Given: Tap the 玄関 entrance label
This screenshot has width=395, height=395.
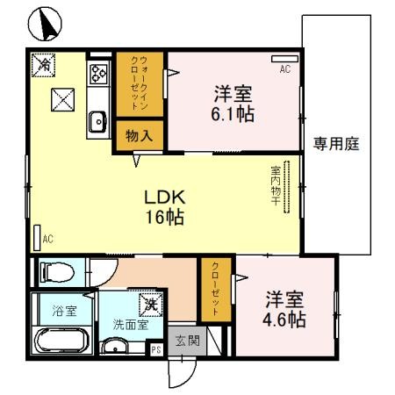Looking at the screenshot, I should point(185,340).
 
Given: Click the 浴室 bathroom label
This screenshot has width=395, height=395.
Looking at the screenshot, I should point(63,311).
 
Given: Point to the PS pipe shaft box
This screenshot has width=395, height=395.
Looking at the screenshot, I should point(155,349).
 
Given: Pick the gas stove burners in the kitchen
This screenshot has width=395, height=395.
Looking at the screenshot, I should point(97,74).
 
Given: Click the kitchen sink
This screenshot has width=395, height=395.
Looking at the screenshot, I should point(97,123).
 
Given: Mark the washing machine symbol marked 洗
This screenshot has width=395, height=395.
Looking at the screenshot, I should point(151,304).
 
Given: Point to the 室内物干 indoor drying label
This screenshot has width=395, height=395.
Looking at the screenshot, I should point(274,185).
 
